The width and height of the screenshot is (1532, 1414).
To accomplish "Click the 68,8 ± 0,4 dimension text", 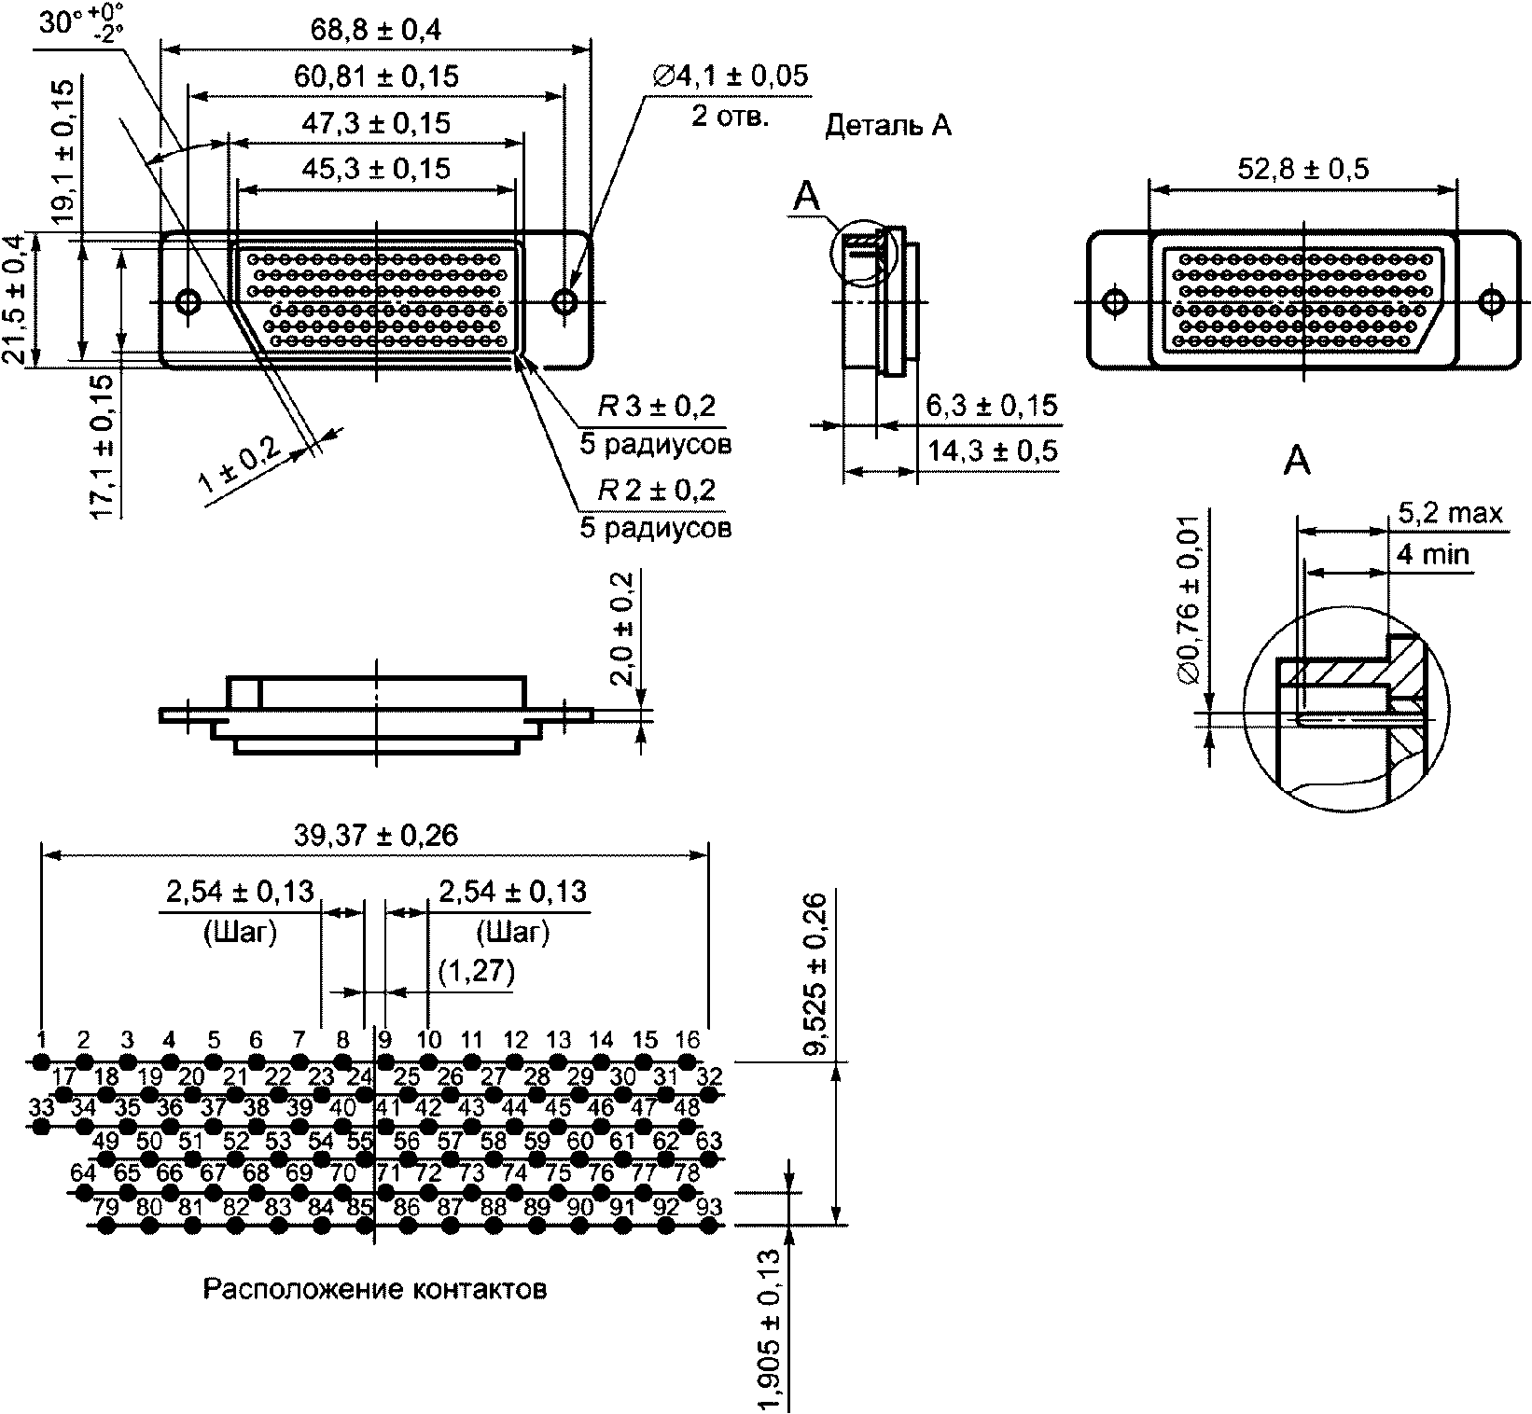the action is pyautogui.click(x=376, y=30).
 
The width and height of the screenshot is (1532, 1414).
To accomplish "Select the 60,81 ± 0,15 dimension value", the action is pyautogui.click(x=377, y=76).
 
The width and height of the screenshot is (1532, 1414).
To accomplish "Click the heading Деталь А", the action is pyautogui.click(x=888, y=127).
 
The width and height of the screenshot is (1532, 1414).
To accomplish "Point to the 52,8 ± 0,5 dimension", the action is pyautogui.click(x=1302, y=169).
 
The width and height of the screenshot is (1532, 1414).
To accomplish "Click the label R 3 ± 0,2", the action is pyautogui.click(x=657, y=407).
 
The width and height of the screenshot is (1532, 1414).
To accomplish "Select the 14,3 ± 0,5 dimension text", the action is pyautogui.click(x=993, y=451).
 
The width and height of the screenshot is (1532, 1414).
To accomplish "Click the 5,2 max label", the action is pyautogui.click(x=1451, y=513).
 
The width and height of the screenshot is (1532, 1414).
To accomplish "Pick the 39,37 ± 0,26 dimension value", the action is pyautogui.click(x=376, y=835).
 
